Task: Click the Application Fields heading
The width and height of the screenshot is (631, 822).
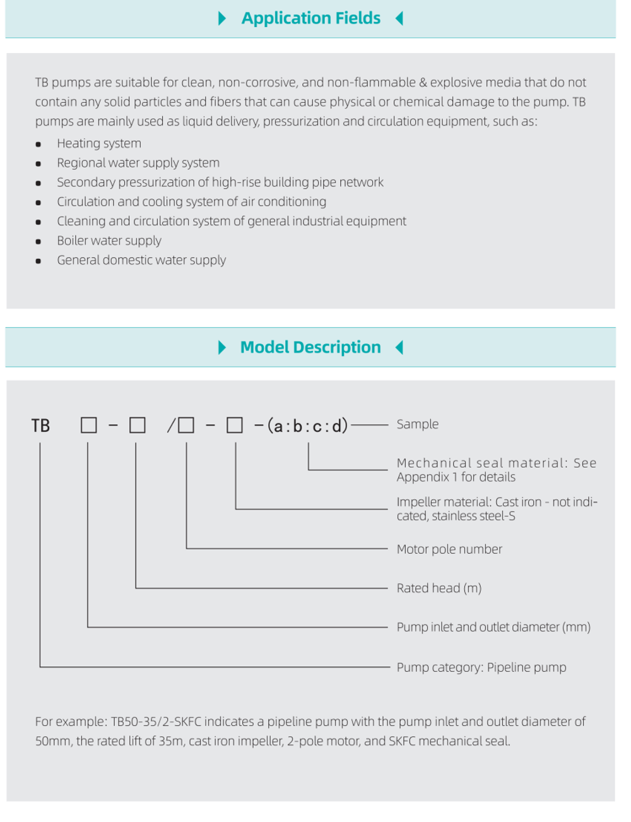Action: (x=310, y=18)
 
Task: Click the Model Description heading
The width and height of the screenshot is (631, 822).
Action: (x=310, y=347)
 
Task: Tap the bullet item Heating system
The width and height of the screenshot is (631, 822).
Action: (x=99, y=144)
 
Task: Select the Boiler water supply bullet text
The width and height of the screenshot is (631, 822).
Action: (x=109, y=241)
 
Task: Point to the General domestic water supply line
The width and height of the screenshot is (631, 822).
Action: (x=141, y=260)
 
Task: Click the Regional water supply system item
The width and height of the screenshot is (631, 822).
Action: (x=138, y=163)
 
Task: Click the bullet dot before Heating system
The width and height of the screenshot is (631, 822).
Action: (x=38, y=145)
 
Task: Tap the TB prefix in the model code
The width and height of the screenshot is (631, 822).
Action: (x=40, y=426)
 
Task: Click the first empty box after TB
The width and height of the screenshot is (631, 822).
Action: (x=89, y=425)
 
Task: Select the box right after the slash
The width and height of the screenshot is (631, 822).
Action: (x=186, y=425)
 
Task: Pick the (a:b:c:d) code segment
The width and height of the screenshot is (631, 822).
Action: (x=308, y=426)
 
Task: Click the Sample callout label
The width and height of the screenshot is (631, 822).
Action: (x=417, y=424)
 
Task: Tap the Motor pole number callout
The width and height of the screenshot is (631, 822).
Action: (x=449, y=549)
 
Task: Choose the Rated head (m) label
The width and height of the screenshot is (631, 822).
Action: (x=439, y=588)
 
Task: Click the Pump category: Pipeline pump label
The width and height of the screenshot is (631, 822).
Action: (x=481, y=667)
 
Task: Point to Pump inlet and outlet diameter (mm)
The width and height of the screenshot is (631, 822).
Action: (x=493, y=628)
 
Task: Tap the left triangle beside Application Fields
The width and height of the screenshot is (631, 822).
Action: (x=221, y=18)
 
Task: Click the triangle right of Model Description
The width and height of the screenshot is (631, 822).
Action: (x=399, y=347)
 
